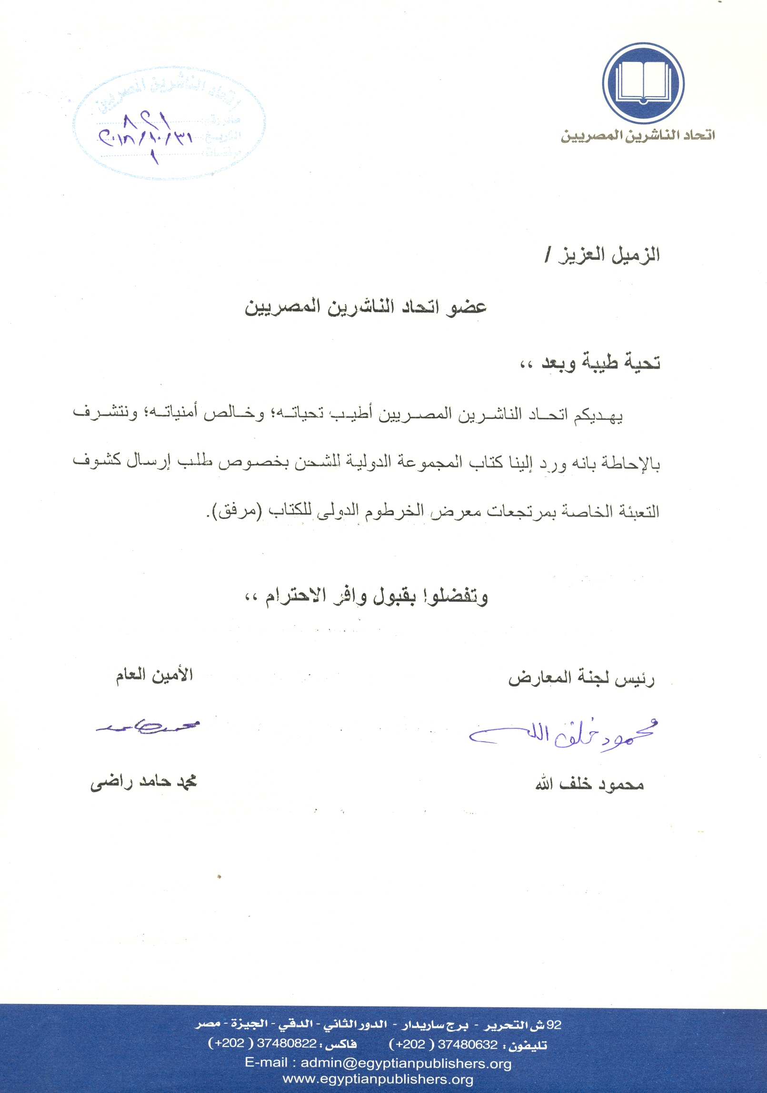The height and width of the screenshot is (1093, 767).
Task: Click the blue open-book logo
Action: point(643,83)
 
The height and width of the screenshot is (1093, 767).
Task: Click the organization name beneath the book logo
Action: point(638,136)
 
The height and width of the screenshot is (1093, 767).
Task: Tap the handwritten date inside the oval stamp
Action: point(145,136)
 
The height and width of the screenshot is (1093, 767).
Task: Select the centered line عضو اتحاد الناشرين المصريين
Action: point(366,307)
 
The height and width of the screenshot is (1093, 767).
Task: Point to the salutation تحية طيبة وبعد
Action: point(590,363)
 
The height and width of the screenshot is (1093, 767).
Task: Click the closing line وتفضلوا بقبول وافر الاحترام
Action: point(367,596)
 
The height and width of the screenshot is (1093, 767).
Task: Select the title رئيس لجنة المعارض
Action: point(581,678)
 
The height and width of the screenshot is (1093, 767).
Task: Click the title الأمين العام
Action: point(154,675)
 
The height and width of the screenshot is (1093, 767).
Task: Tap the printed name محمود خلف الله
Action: point(589,784)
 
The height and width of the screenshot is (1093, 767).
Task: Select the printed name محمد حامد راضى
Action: point(144,782)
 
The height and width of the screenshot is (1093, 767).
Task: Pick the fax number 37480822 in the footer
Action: point(287,1043)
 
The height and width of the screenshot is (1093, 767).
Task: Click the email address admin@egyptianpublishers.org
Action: point(406,1063)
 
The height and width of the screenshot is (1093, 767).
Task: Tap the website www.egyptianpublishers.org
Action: point(378,1080)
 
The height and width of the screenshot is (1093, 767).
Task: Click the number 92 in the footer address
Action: point(554,1025)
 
